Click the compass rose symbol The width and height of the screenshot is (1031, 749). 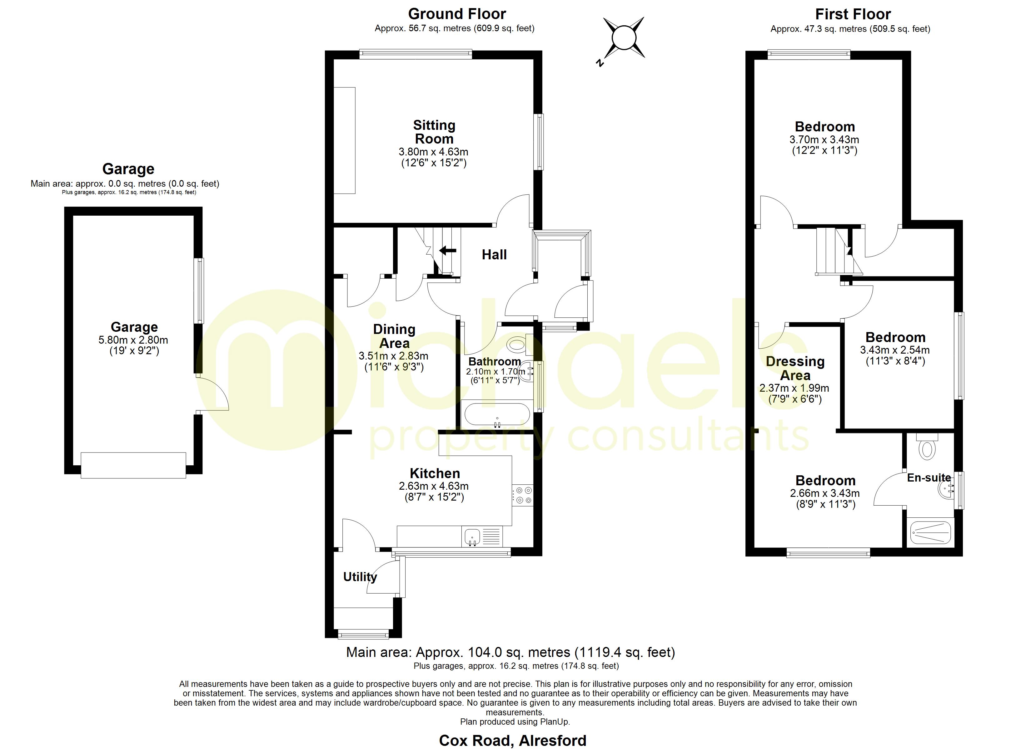pos(624,38)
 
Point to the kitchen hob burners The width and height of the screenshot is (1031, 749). pos(523,495)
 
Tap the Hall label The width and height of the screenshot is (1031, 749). pos(494,255)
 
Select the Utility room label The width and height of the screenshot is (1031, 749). pos(360,577)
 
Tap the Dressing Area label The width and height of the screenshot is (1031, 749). pos(795,368)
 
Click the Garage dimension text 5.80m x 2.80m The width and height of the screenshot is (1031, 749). pos(133,340)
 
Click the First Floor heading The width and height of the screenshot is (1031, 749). pos(853,14)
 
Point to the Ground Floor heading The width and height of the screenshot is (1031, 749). pos(457,14)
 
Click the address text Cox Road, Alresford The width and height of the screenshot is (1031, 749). pos(513,740)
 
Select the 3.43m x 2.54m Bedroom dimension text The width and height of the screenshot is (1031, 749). pos(894,350)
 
